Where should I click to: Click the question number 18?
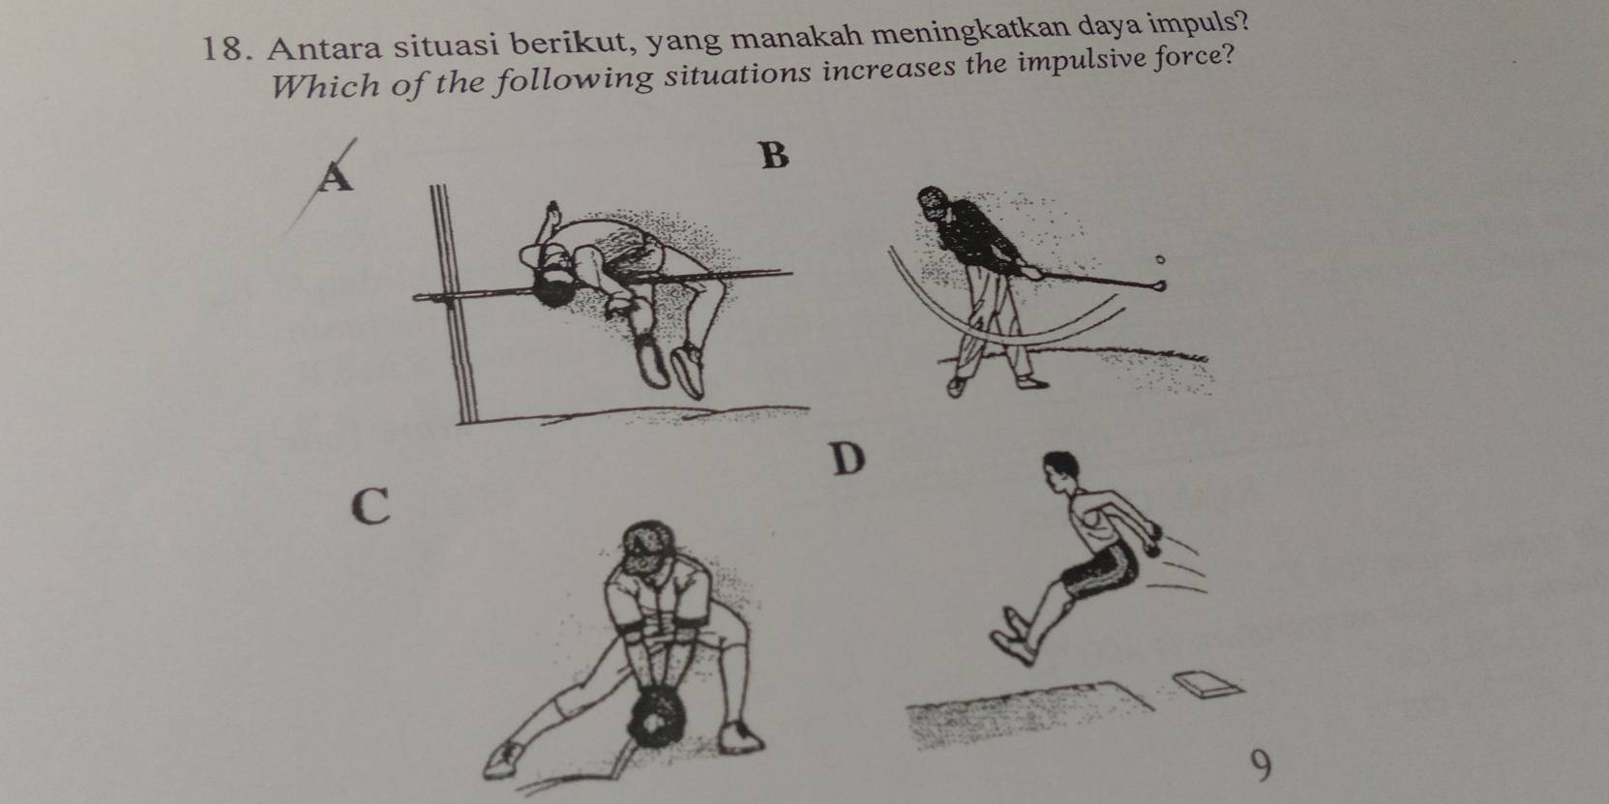click(x=224, y=49)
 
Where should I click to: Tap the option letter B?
click(x=774, y=155)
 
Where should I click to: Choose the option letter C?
click(x=372, y=506)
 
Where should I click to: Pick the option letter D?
click(x=849, y=460)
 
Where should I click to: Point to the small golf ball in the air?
click(x=1159, y=258)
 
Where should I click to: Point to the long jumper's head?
click(x=1061, y=471)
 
